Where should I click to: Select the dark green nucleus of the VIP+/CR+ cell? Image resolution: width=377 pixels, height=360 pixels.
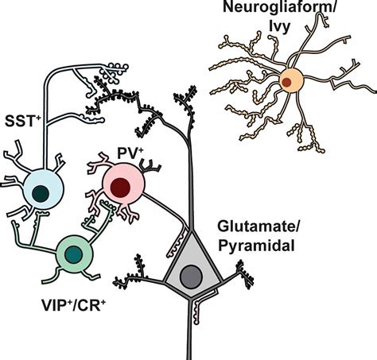click(74, 254)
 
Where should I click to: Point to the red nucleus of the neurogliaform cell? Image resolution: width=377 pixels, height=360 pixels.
click(286, 81)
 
